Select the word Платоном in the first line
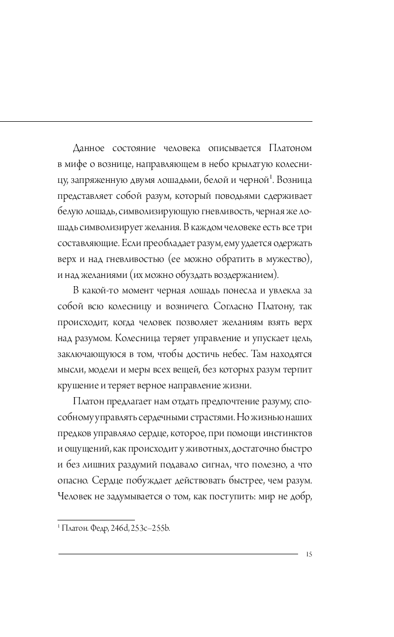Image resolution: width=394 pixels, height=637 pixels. point(290,148)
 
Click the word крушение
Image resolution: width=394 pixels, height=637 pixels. point(76,386)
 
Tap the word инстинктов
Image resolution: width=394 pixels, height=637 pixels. point(287,434)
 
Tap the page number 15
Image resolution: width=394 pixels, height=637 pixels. point(309,554)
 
